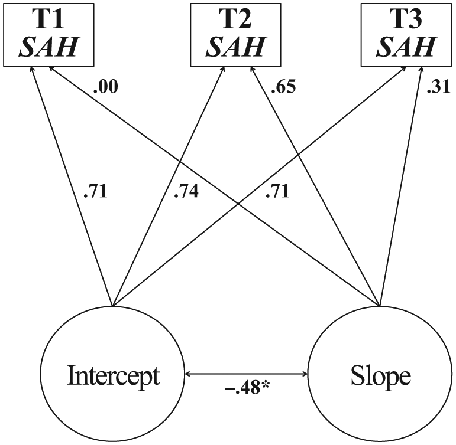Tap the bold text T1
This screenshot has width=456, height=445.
pos(49,19)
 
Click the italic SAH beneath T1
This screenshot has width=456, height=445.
pos(48,47)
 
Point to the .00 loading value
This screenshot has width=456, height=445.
pos(105,87)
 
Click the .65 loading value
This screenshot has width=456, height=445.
pos(283,87)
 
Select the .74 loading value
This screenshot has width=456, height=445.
pos(186,191)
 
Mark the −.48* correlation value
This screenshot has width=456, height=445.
pos(247,388)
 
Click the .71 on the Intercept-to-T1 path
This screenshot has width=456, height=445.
pos(95,191)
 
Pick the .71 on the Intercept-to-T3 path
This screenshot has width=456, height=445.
pos(277,191)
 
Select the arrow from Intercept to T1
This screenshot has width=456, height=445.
pos(72,186)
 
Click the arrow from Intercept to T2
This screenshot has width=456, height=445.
pos(169,186)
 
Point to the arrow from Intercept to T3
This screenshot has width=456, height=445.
pos(259,186)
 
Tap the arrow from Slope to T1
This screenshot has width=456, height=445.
pos(214,186)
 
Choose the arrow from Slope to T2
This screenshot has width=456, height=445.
pos(315,186)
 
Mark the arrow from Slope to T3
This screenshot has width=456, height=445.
pos(401,186)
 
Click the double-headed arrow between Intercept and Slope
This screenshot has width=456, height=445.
pos(246,374)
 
